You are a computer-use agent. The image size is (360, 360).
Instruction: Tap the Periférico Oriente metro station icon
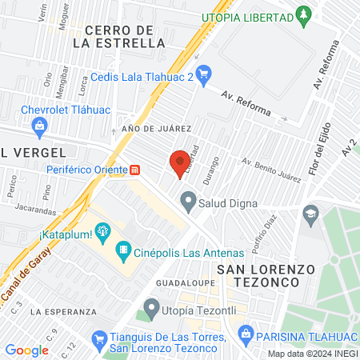point(135,170)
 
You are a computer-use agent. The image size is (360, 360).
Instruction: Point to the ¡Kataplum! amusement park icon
point(102,233)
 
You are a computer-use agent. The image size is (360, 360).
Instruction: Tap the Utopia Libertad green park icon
point(303,14)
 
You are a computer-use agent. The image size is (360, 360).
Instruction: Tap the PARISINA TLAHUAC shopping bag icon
point(246,333)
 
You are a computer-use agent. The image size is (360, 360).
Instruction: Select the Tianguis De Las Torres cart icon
point(99,339)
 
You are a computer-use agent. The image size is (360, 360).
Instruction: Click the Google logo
point(26,350)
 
